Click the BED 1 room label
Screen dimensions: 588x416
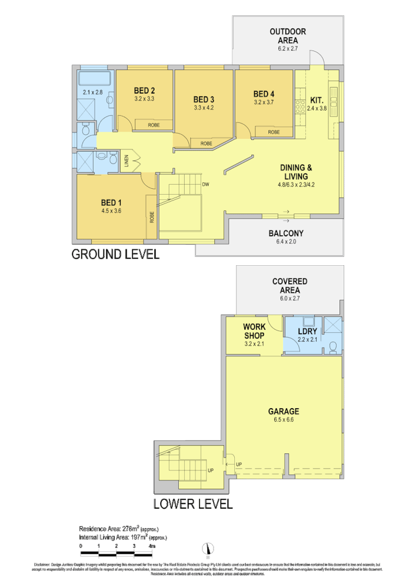(x=111, y=202)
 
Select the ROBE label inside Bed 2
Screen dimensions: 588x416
(x=154, y=125)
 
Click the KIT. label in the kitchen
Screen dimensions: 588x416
(x=316, y=99)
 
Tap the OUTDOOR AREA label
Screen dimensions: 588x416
(x=288, y=36)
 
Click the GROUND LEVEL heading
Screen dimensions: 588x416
(x=115, y=255)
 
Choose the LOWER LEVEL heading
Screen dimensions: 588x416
(x=193, y=504)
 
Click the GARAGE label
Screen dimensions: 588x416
(x=284, y=412)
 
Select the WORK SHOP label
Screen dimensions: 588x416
(x=254, y=330)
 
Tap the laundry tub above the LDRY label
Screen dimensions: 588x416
(x=307, y=322)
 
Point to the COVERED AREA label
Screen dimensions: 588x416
(x=289, y=286)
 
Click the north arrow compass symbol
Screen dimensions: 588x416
(x=207, y=549)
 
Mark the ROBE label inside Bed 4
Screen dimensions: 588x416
(x=274, y=132)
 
